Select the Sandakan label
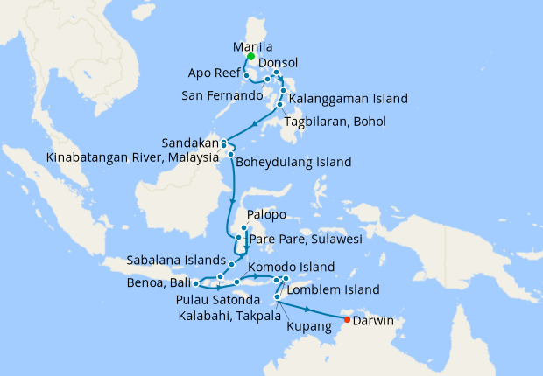[x=188, y=143]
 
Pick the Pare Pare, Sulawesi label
[x=306, y=238]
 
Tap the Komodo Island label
[x=291, y=266]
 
